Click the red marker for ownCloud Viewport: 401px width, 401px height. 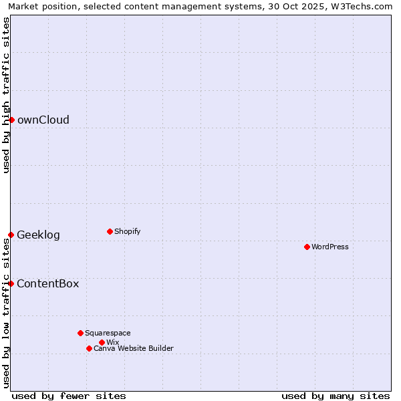click(x=11, y=120)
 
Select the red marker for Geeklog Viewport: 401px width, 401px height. click(x=11, y=235)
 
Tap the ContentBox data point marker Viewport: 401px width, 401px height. click(x=11, y=283)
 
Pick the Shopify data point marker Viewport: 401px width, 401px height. click(x=110, y=231)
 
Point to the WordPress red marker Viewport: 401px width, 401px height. click(x=307, y=247)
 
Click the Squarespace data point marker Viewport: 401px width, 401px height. click(x=80, y=333)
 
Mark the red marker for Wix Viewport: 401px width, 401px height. click(x=102, y=342)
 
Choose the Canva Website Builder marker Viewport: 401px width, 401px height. click(x=89, y=348)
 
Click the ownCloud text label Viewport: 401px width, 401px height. click(x=43, y=120)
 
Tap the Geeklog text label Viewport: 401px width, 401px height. click(x=38, y=235)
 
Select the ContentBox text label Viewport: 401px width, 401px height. click(x=47, y=284)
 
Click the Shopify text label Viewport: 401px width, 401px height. click(x=127, y=232)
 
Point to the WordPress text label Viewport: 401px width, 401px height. click(x=330, y=247)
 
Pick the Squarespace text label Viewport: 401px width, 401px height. click(x=108, y=333)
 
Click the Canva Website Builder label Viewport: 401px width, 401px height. click(x=134, y=349)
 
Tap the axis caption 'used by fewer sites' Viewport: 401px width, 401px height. click(x=69, y=396)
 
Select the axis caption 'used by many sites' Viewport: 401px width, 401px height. click(x=336, y=396)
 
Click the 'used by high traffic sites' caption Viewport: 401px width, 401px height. click(x=6, y=95)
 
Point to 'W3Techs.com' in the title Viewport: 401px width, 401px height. click(x=364, y=6)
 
